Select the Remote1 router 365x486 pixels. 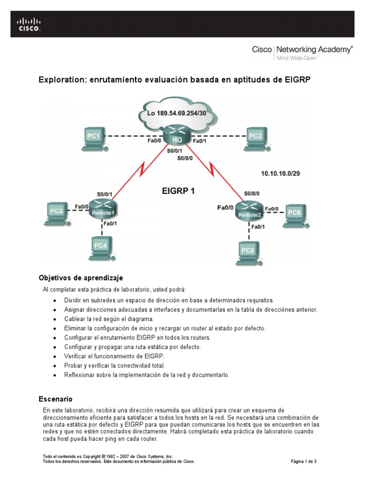pyautogui.click(x=103, y=209)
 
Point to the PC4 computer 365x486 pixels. pyautogui.click(x=101, y=247)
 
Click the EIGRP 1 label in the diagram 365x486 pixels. pyautogui.click(x=179, y=192)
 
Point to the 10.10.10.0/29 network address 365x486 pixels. pyautogui.click(x=280, y=174)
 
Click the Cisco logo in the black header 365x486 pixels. pyautogui.click(x=29, y=25)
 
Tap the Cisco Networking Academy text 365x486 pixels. pyautogui.click(x=302, y=49)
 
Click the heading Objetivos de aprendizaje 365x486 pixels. pyautogui.click(x=80, y=278)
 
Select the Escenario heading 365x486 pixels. pyautogui.click(x=55, y=399)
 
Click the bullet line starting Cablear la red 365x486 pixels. pyautogui.click(x=110, y=319)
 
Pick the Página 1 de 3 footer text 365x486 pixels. pyautogui.click(x=303, y=461)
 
